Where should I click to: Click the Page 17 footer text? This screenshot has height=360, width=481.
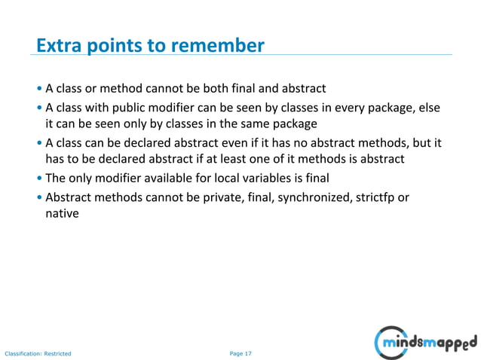tap(240, 353)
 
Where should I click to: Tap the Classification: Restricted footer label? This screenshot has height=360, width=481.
tap(38, 353)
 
